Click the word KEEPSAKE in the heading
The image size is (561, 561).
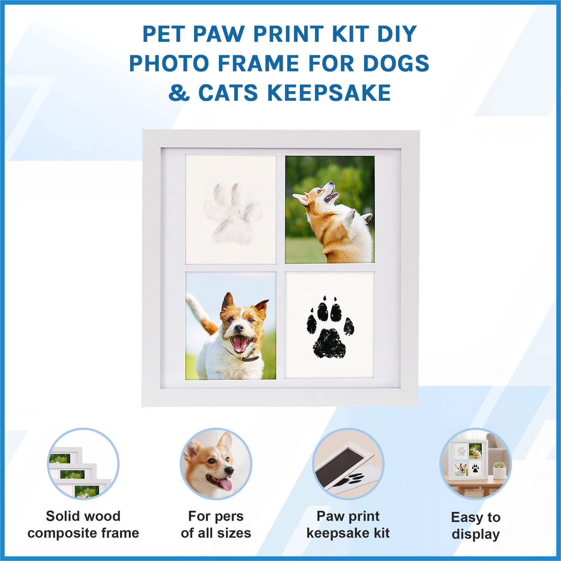coord(329,93)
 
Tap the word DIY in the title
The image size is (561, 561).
coord(397,34)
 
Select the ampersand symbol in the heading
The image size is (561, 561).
coord(179,93)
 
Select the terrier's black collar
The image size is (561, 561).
coord(243,355)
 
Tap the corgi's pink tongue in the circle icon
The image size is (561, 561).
coord(225,485)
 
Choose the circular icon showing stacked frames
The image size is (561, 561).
coord(83,464)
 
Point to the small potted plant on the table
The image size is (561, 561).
coord(499,470)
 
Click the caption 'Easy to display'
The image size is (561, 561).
coord(476,525)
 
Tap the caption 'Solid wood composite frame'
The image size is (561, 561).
coord(83,524)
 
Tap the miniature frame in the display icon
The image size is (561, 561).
coord(468,460)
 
